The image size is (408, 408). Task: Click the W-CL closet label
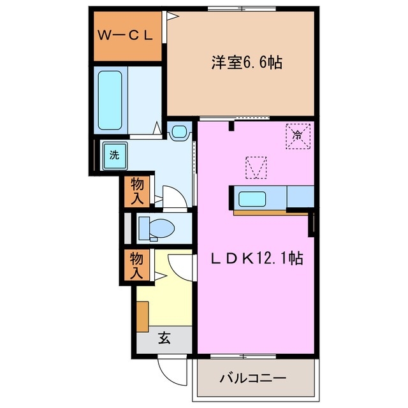point(125,36)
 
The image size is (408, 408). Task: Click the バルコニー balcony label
point(252,377)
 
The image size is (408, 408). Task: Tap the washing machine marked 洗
point(114,154)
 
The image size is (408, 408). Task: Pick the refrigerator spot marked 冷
point(297,135)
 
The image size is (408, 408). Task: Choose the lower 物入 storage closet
point(137,265)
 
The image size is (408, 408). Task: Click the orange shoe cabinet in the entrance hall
point(142,315)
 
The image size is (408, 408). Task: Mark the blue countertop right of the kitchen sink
point(300,196)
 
